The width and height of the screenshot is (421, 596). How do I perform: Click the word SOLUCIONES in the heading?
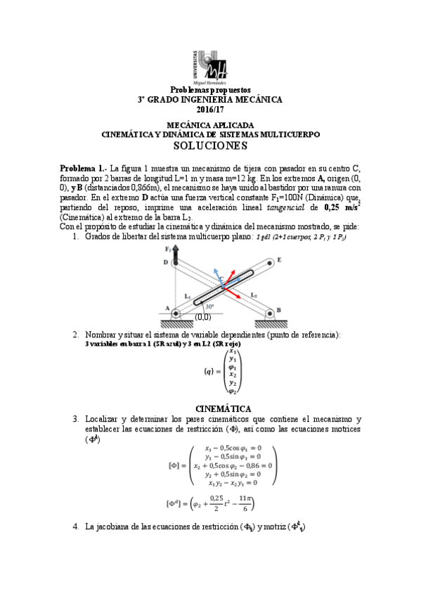click(x=210, y=146)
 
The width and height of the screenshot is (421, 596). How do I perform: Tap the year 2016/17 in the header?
click(x=209, y=110)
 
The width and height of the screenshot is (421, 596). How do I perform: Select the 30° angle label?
click(x=209, y=305)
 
